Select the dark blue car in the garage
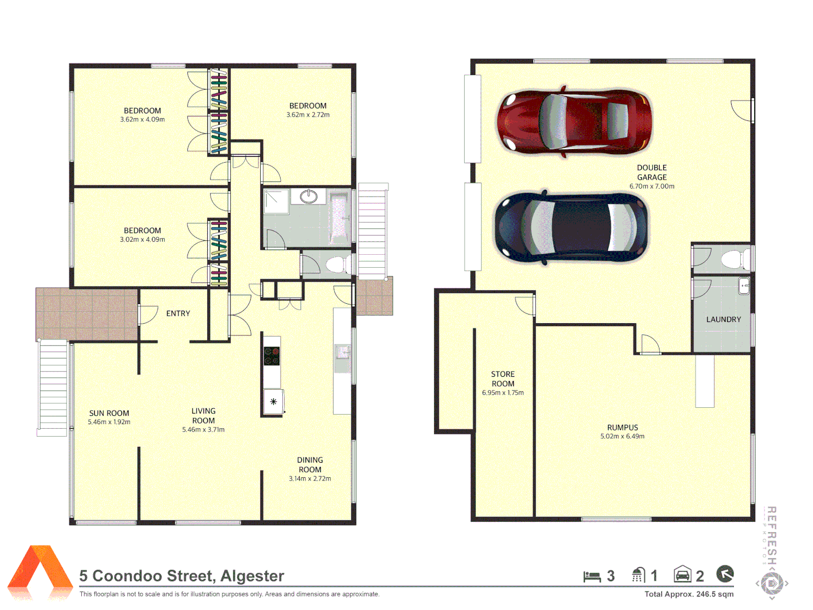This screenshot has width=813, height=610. pyautogui.click(x=571, y=227)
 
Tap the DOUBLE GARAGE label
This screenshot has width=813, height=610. pyautogui.click(x=652, y=172)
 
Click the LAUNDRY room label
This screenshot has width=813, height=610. pyautogui.click(x=723, y=320)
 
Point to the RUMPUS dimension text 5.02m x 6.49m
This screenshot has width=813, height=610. pyautogui.click(x=622, y=437)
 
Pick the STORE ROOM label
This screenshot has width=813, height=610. pyautogui.click(x=502, y=379)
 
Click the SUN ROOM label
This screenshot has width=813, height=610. pyautogui.click(x=109, y=413)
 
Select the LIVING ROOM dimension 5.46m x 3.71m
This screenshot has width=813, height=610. pyautogui.click(x=203, y=430)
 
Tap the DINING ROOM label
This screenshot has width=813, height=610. pyautogui.click(x=310, y=465)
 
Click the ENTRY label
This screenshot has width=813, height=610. pyautogui.click(x=178, y=313)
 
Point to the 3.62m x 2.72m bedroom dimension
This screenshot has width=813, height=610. pyautogui.click(x=308, y=115)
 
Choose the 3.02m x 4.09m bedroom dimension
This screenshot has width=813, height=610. pyautogui.click(x=142, y=239)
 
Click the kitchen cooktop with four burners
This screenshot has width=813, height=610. pyautogui.click(x=272, y=356)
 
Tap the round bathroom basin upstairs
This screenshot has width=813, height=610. pyautogui.click(x=308, y=197)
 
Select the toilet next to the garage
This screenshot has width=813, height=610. pyautogui.click(x=733, y=259)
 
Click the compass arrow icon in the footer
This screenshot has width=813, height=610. pyautogui.click(x=725, y=574)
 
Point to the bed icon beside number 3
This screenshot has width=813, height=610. pyautogui.click(x=592, y=576)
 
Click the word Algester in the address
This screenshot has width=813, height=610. pyautogui.click(x=252, y=576)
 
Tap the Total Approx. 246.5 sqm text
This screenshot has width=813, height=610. pyautogui.click(x=689, y=594)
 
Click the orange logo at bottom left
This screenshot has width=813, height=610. pyautogui.click(x=40, y=570)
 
